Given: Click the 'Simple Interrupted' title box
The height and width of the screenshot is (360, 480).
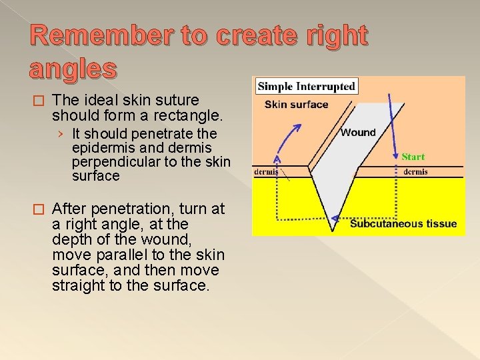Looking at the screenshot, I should click(x=306, y=86).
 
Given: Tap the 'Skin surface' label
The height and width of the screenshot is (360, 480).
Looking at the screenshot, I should click(x=296, y=104).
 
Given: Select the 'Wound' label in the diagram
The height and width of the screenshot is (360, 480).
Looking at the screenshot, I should click(x=358, y=132).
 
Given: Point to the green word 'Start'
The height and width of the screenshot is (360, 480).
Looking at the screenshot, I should click(x=413, y=157).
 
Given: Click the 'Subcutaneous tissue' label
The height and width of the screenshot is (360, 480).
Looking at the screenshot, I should click(x=403, y=223).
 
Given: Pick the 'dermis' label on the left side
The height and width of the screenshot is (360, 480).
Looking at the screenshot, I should click(x=266, y=171).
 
